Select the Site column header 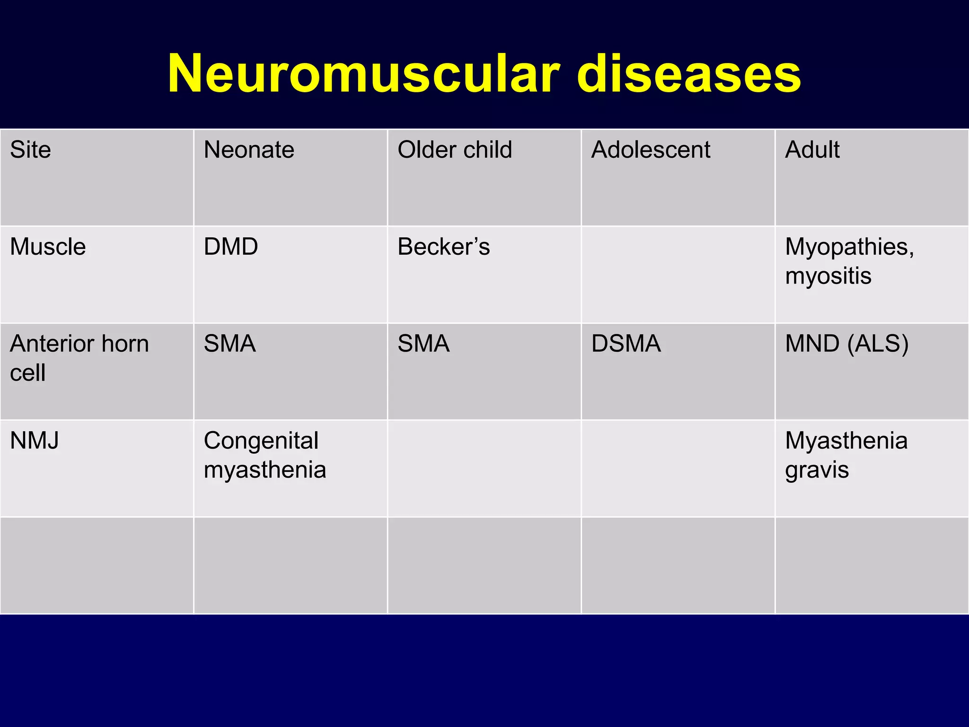tap(30, 150)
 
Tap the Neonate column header tap(249, 150)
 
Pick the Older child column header tap(455, 150)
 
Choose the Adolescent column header tap(651, 150)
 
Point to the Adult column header tap(812, 150)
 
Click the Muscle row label tap(48, 247)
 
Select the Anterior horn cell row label tap(79, 358)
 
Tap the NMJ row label tap(35, 441)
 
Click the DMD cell tap(231, 247)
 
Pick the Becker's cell tap(443, 247)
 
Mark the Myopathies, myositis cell tap(849, 261)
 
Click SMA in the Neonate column tap(230, 344)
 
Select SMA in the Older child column tap(423, 344)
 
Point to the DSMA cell tap(626, 344)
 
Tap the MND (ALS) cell tap(846, 344)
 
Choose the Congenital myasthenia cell tap(265, 455)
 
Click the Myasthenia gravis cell tap(846, 455)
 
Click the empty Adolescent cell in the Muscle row tap(678, 275)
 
